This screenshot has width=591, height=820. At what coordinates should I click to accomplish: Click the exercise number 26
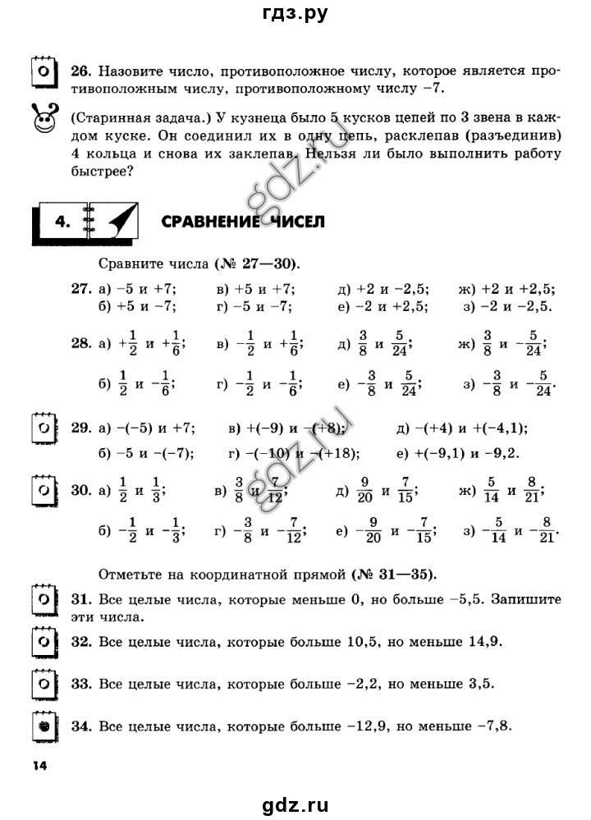(80, 71)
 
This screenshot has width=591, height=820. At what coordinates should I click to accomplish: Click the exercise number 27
(80, 289)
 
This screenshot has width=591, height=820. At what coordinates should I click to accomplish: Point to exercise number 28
(80, 345)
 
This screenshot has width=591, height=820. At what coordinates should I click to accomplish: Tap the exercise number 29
(80, 428)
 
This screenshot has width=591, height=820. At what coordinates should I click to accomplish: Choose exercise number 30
(80, 491)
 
